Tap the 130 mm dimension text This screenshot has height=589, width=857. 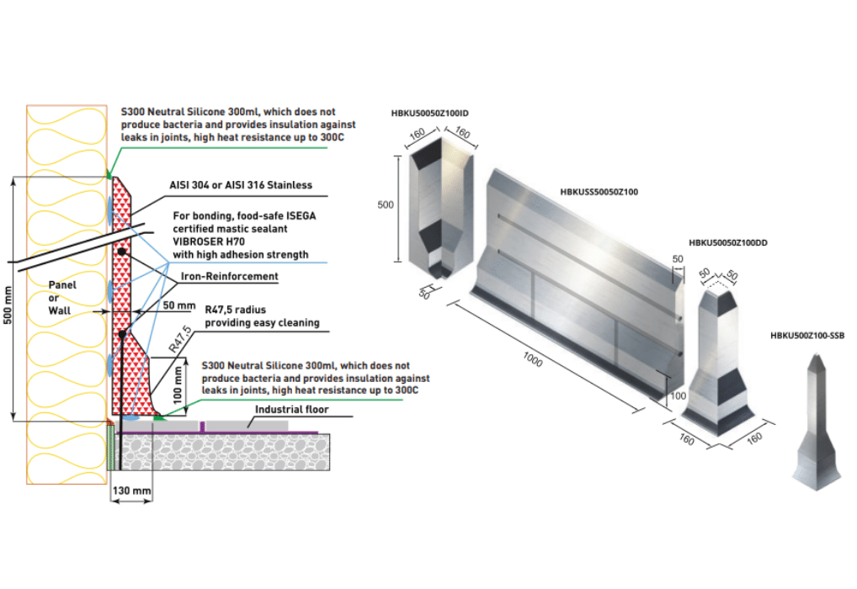[131, 491]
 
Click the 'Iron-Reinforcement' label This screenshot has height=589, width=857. [230, 275]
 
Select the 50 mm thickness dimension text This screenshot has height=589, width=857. [178, 304]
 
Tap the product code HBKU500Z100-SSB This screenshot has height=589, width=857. [807, 335]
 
